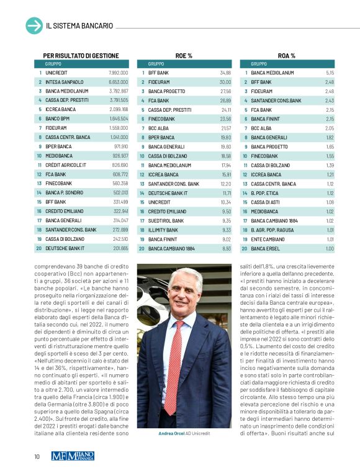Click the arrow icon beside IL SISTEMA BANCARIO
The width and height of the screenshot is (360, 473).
point(34,25)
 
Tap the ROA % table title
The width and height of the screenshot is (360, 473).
point(287,56)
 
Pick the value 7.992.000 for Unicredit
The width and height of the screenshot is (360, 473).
point(118,73)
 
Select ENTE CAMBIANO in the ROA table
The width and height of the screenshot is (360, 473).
point(268,239)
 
